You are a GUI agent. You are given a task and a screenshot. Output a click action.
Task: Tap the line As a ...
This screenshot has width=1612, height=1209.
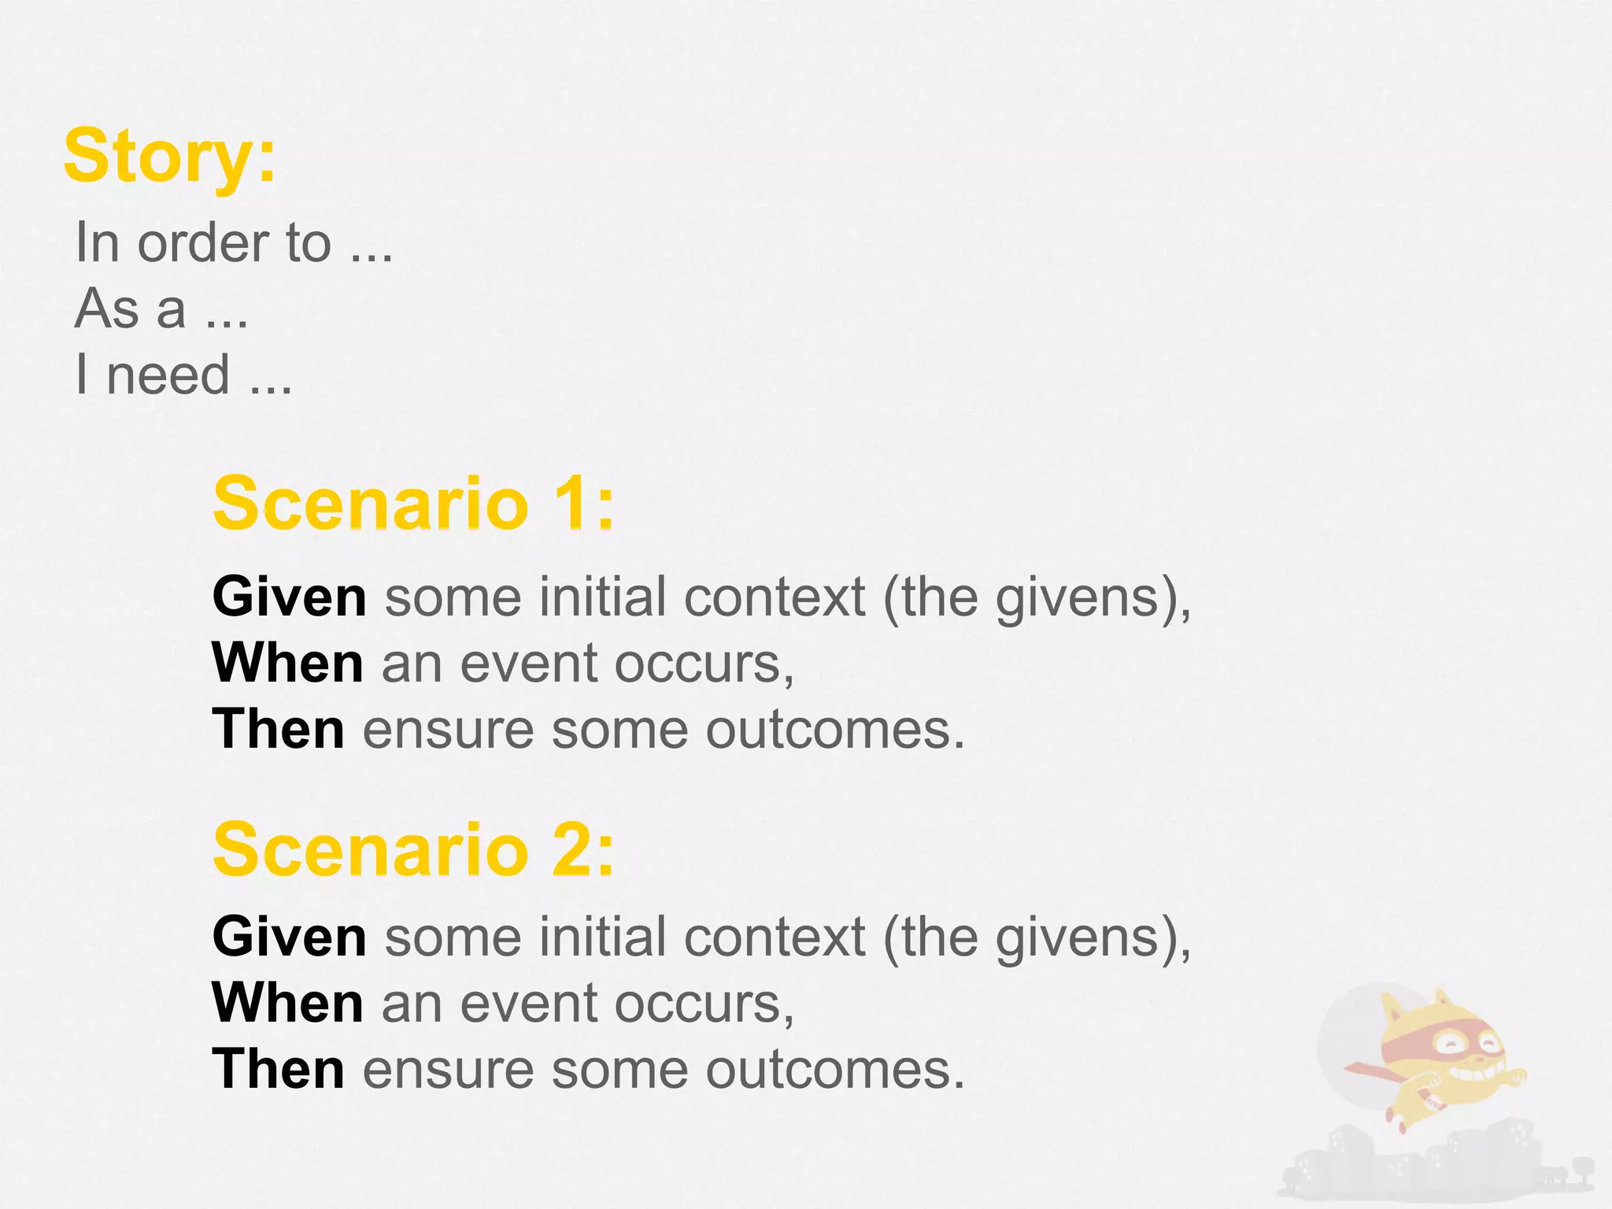[x=161, y=309]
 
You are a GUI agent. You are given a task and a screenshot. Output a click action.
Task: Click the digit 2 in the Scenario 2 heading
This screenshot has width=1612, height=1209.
[x=571, y=850]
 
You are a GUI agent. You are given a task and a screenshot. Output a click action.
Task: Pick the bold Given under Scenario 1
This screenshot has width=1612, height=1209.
[x=289, y=597]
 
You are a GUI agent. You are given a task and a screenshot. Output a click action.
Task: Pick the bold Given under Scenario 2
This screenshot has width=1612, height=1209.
[x=289, y=937]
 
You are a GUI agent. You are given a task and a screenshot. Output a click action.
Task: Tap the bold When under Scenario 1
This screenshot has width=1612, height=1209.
[x=287, y=663]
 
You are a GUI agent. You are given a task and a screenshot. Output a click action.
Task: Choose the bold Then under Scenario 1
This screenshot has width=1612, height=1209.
[x=278, y=729]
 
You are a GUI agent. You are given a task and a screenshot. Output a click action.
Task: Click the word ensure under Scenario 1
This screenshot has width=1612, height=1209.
[x=449, y=729]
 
